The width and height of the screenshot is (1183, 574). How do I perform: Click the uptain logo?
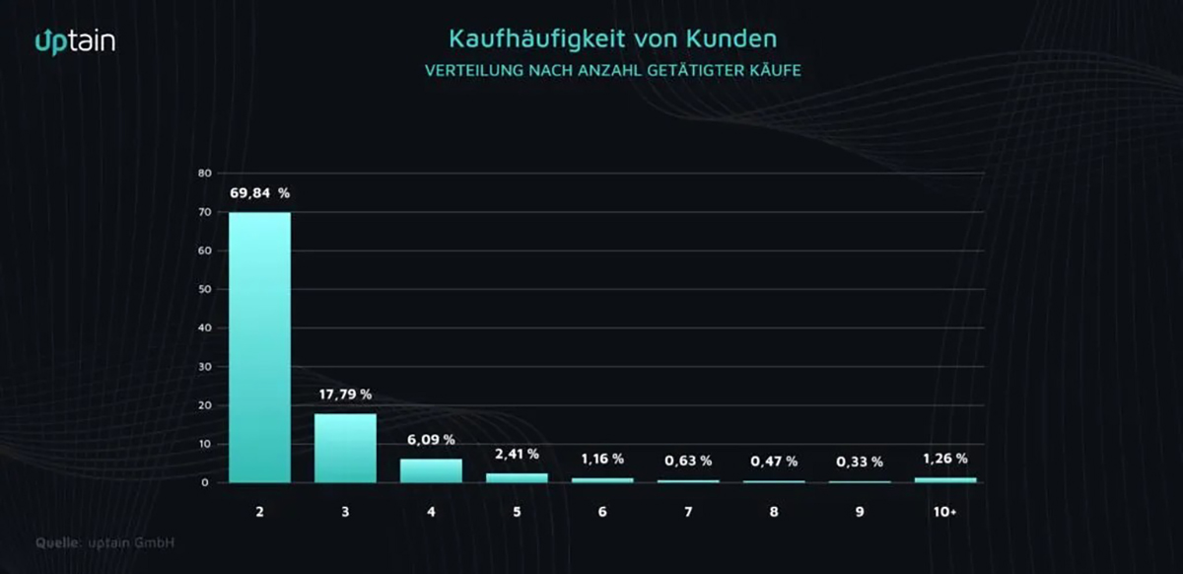click(75, 40)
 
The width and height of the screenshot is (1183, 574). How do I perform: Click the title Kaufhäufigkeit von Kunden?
click(612, 38)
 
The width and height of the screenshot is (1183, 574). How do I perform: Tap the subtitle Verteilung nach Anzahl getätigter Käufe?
click(612, 71)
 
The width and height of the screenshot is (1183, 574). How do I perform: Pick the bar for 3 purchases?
click(345, 448)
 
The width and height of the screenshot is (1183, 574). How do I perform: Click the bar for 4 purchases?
click(431, 470)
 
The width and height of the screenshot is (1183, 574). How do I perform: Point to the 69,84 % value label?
click(259, 193)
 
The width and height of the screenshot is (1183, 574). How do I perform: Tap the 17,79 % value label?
click(345, 395)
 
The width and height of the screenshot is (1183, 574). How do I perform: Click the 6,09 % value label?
click(431, 440)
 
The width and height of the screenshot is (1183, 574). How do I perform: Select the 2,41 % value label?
click(517, 454)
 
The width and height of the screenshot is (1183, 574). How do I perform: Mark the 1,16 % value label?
click(602, 459)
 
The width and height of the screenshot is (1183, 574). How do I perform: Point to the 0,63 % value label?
click(688, 461)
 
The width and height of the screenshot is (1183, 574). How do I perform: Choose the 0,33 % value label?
click(860, 462)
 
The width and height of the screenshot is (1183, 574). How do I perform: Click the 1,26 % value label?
click(945, 459)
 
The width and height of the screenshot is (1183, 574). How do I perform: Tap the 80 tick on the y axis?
click(205, 174)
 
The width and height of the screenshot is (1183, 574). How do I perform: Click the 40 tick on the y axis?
click(205, 328)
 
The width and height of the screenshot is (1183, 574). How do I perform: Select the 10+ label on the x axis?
click(945, 514)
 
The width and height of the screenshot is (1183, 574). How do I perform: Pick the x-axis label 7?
click(688, 514)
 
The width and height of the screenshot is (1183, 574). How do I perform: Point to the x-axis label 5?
click(517, 514)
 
